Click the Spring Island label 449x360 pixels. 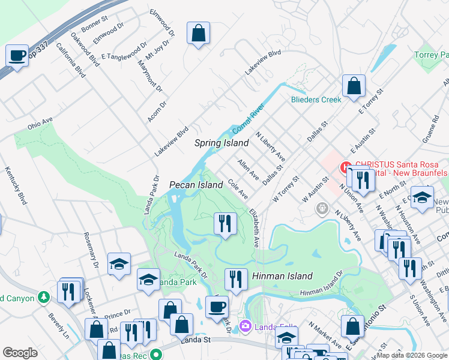[x=221, y=143]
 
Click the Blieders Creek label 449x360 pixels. [x=316, y=100]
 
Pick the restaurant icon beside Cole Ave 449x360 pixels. [x=224, y=224]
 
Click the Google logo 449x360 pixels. [x=20, y=353]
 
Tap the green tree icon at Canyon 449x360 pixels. [x=43, y=297]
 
